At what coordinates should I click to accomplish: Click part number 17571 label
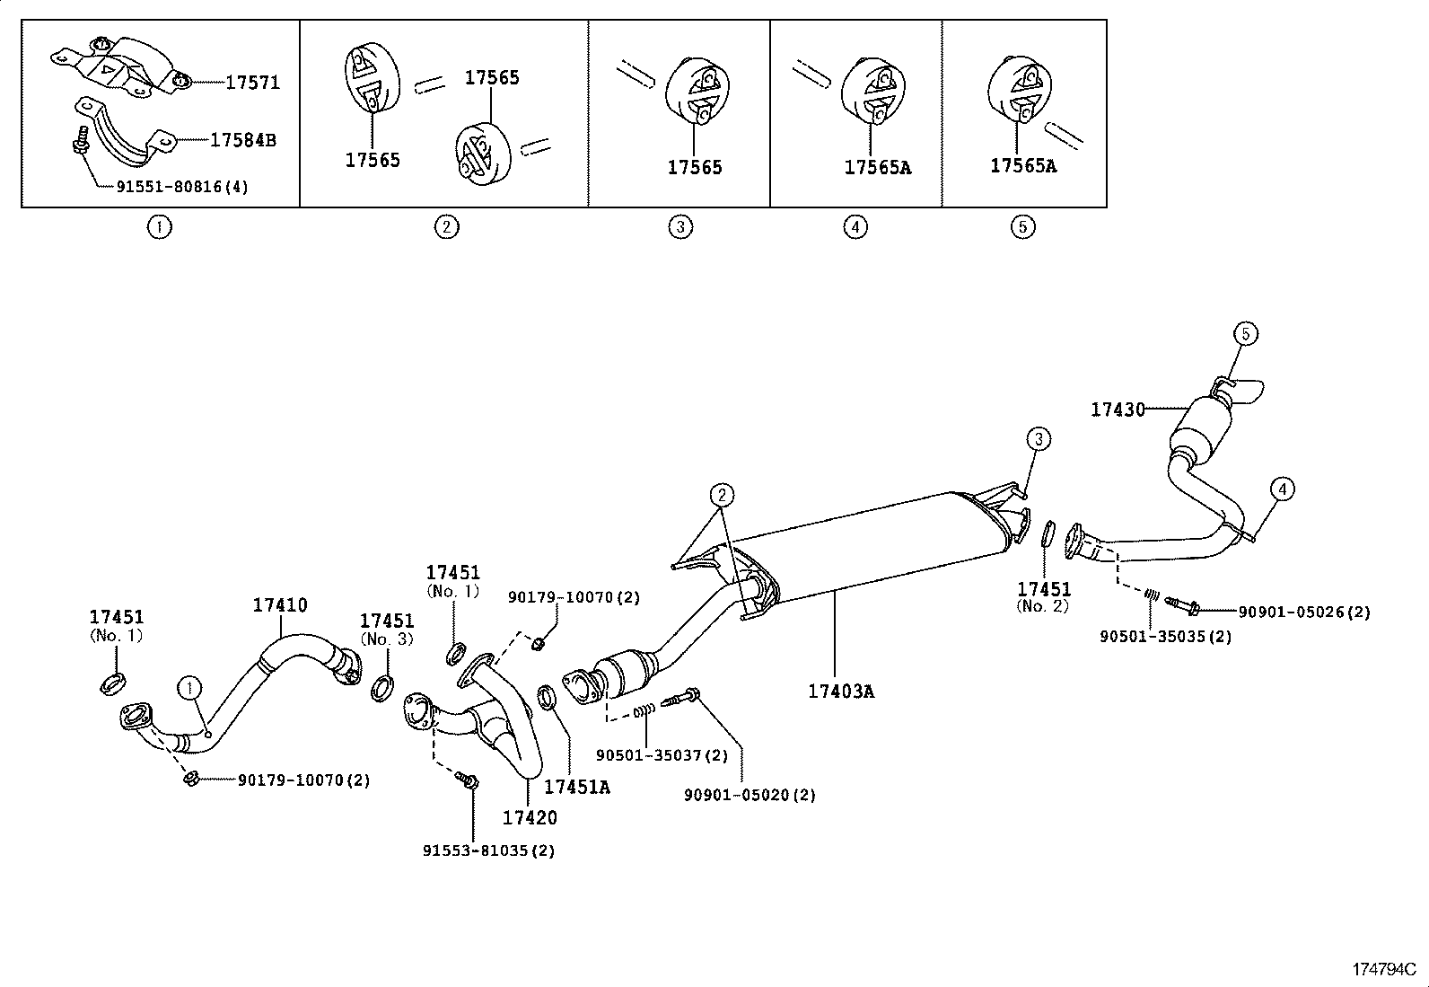click(252, 83)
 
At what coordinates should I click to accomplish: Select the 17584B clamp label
click(242, 140)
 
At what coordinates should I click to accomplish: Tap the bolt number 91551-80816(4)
click(182, 187)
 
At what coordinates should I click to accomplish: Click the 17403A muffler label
click(841, 691)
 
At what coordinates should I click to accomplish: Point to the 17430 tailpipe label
click(1118, 410)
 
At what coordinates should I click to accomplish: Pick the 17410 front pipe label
click(279, 605)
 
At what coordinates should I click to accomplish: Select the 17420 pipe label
click(529, 817)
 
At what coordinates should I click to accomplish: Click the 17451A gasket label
click(577, 787)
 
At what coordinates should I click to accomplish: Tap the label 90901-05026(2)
click(1304, 612)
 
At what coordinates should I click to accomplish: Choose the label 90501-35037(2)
click(662, 755)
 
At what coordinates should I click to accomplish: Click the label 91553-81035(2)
click(489, 850)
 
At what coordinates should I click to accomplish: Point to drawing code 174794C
click(1383, 970)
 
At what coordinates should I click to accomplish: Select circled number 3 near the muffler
click(1038, 439)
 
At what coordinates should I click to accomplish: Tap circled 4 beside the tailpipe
click(1283, 489)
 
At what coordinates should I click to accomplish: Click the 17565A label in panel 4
click(877, 167)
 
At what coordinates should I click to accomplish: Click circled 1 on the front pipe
click(188, 689)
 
